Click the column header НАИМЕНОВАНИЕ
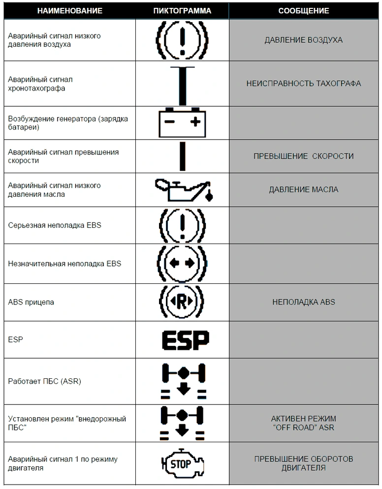[x=70, y=11]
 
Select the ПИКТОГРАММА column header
[x=182, y=11]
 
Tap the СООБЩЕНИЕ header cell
[x=304, y=11]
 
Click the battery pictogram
[x=182, y=122]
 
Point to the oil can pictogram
[x=184, y=190]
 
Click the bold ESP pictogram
[x=186, y=340]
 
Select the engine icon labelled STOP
[x=183, y=464]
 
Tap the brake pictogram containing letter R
[x=182, y=302]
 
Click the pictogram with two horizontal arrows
[x=182, y=264]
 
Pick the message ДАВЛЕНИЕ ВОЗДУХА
[x=304, y=40]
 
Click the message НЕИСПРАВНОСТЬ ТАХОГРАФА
[x=304, y=84]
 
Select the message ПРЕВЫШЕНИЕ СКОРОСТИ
[x=304, y=156]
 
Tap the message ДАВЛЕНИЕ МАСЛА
[x=304, y=189]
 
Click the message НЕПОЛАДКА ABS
[x=304, y=302]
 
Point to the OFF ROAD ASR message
[x=304, y=423]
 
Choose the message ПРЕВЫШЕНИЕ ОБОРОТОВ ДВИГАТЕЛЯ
[x=304, y=463]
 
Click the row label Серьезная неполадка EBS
[x=55, y=225]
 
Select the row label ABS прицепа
[x=31, y=302]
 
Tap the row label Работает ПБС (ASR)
[x=45, y=381]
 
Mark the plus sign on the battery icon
[x=195, y=122]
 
